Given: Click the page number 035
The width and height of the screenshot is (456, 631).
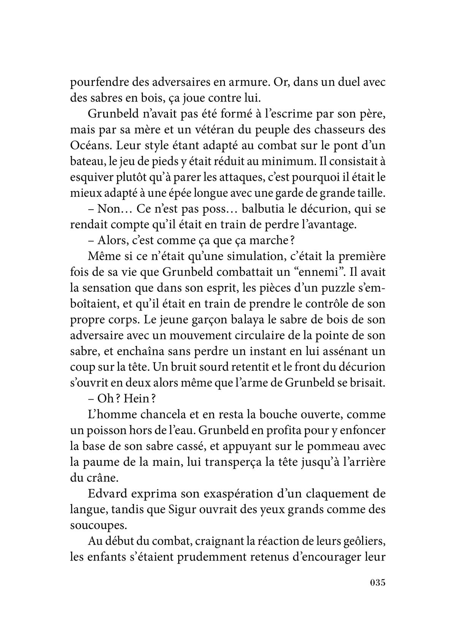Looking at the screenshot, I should pos(377,593).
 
